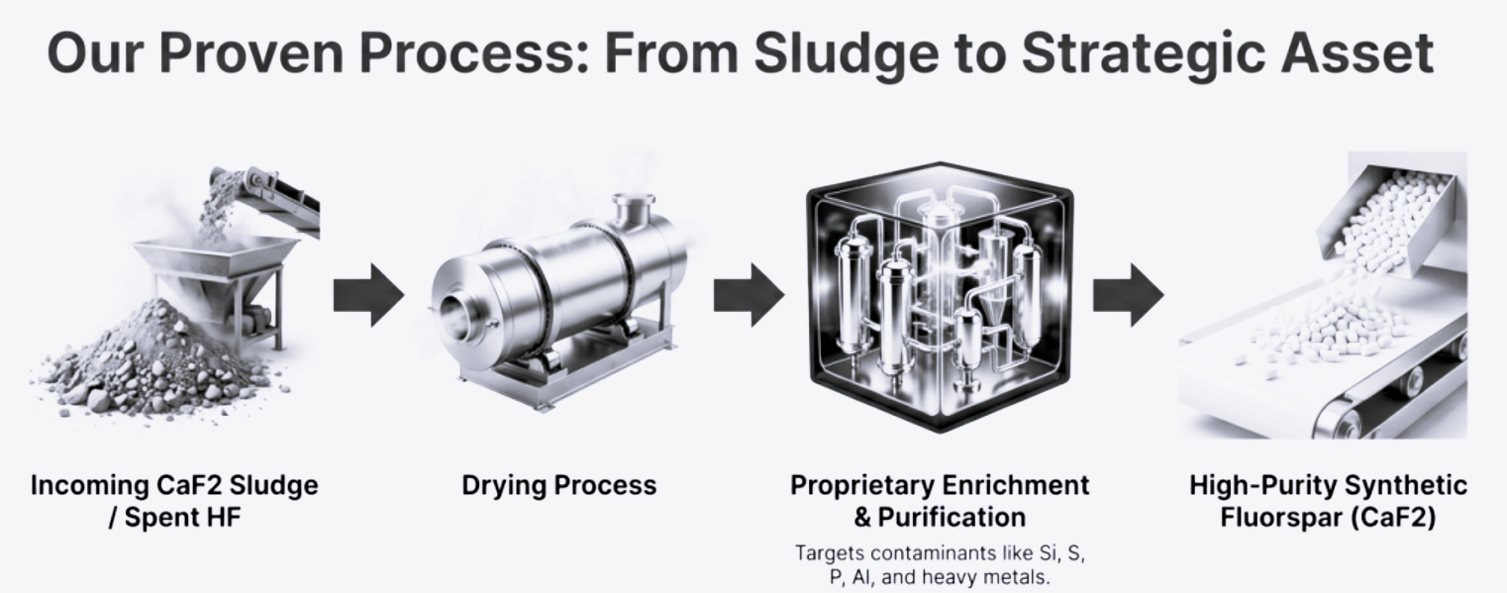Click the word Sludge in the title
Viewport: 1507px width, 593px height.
(x=847, y=54)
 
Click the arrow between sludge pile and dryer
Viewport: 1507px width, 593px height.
(x=368, y=295)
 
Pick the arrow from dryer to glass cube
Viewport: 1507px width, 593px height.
(x=749, y=295)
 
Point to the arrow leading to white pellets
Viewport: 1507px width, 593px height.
(x=1128, y=295)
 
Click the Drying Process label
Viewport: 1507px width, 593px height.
(x=559, y=485)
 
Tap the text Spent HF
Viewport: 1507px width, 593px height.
(x=183, y=518)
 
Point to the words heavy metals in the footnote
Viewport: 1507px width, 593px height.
(x=985, y=577)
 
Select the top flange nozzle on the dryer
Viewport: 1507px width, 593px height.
(x=633, y=211)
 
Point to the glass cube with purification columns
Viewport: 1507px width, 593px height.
(x=940, y=297)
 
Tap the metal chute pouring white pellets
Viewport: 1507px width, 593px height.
(x=1386, y=215)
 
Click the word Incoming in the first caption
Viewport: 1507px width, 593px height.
(x=92, y=485)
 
